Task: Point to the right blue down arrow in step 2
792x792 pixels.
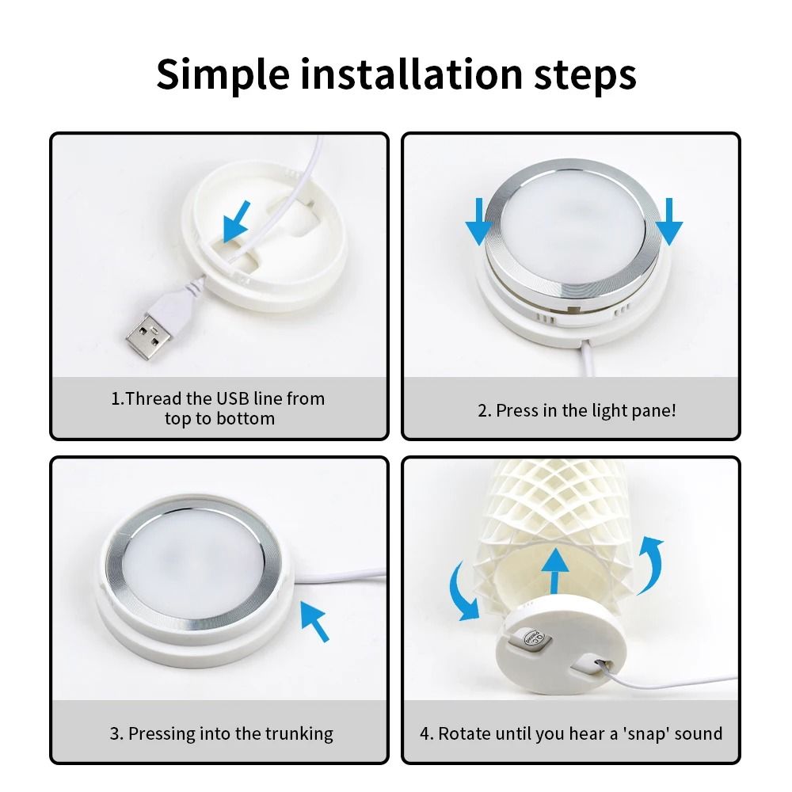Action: point(670,222)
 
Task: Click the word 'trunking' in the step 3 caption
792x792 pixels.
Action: point(296,733)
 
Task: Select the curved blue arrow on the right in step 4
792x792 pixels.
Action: point(650,561)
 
